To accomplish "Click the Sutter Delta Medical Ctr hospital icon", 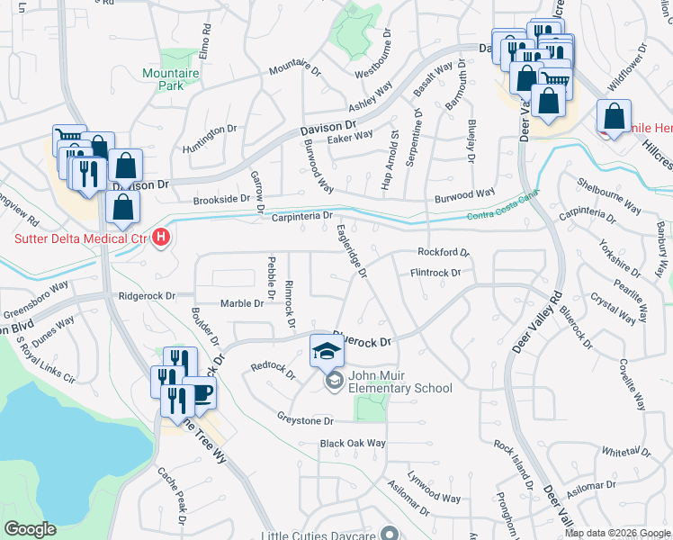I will pyautogui.click(x=161, y=238).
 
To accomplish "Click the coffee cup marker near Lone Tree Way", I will pyautogui.click(x=199, y=393).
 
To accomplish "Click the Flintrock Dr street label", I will pyautogui.click(x=435, y=272).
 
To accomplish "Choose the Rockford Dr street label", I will pyautogui.click(x=444, y=253).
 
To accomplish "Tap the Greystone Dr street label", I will pyautogui.click(x=305, y=420).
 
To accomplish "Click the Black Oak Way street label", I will pyautogui.click(x=353, y=444).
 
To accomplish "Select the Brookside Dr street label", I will pyautogui.click(x=220, y=198).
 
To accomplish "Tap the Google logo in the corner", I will pyautogui.click(x=30, y=529).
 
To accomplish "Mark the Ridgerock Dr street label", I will pyautogui.click(x=145, y=295).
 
